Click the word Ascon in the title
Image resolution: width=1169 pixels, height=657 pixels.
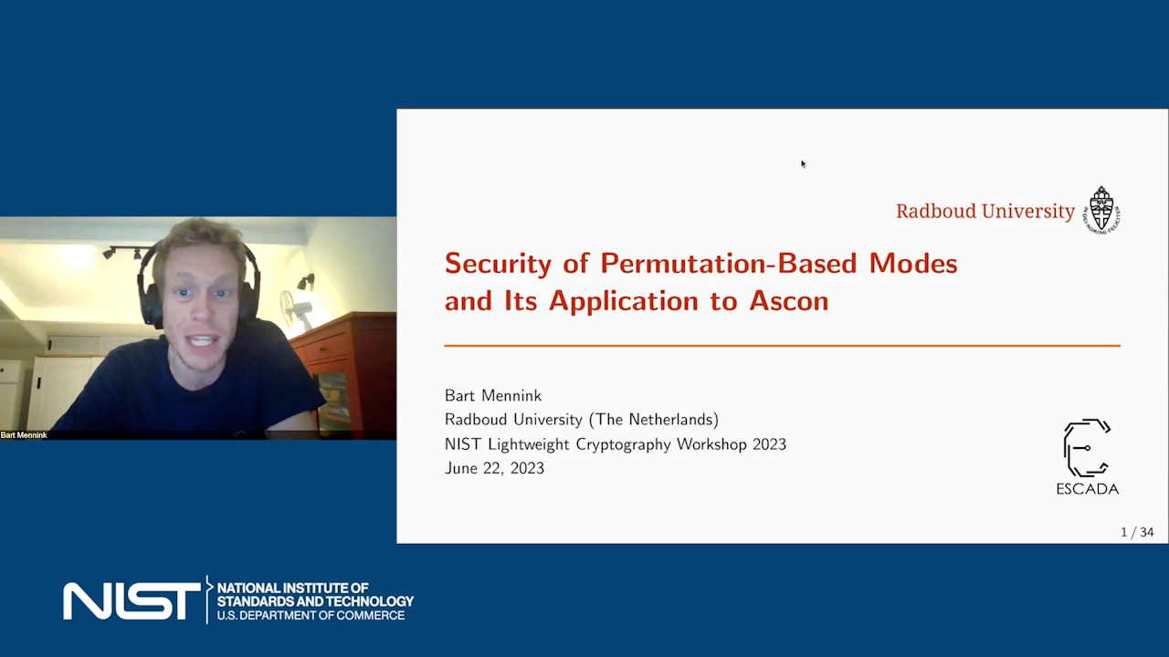[789, 301]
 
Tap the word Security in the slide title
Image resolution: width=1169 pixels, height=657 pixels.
[498, 265]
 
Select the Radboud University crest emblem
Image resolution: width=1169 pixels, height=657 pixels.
[1101, 210]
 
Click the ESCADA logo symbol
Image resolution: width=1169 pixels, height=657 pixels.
[1087, 448]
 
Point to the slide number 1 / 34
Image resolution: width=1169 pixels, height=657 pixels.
[1137, 532]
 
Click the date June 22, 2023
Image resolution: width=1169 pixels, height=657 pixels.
[494, 468]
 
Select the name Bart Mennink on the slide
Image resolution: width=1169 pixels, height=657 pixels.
[493, 396]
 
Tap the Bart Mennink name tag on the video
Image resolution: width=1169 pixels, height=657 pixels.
[24, 435]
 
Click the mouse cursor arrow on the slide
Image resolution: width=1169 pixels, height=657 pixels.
[804, 164]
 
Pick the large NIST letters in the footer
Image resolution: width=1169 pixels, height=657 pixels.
[132, 601]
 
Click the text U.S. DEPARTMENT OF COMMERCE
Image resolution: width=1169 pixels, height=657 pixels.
[311, 615]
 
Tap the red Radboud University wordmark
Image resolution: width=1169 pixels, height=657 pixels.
[985, 211]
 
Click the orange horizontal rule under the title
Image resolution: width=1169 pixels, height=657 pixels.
[783, 345]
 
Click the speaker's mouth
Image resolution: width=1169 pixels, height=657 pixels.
[204, 341]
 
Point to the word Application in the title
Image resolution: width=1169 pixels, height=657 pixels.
[624, 301]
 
